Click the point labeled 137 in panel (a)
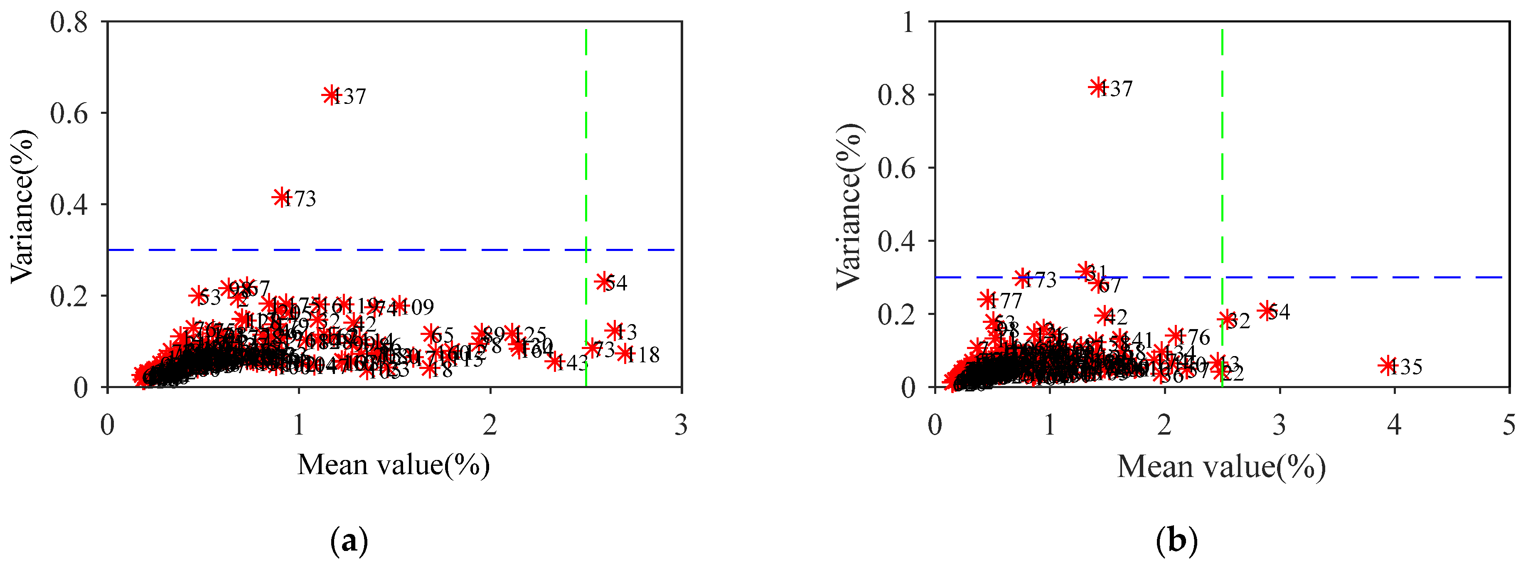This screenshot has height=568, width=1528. click(331, 94)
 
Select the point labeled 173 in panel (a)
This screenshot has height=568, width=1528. click(281, 197)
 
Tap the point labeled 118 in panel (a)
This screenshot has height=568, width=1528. click(625, 353)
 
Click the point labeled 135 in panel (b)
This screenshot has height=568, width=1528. click(1388, 365)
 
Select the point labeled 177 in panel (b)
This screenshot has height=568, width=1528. click(987, 300)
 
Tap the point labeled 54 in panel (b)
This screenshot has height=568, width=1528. click(1267, 310)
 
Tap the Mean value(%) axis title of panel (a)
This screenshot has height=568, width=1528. click(393, 465)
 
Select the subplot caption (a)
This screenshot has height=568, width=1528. click(349, 541)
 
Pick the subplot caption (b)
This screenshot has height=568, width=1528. click(1177, 541)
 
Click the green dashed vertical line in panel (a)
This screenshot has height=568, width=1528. click(586, 178)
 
